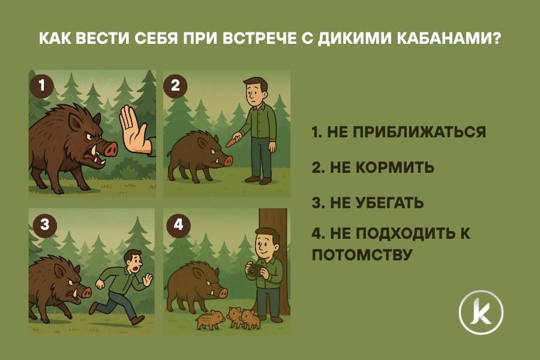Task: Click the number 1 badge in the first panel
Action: (41, 85)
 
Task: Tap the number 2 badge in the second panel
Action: (175, 85)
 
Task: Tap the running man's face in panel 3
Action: (134, 263)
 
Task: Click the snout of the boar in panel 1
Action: (109, 148)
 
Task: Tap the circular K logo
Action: (481, 312)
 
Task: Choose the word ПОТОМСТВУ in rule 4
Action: (362, 254)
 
